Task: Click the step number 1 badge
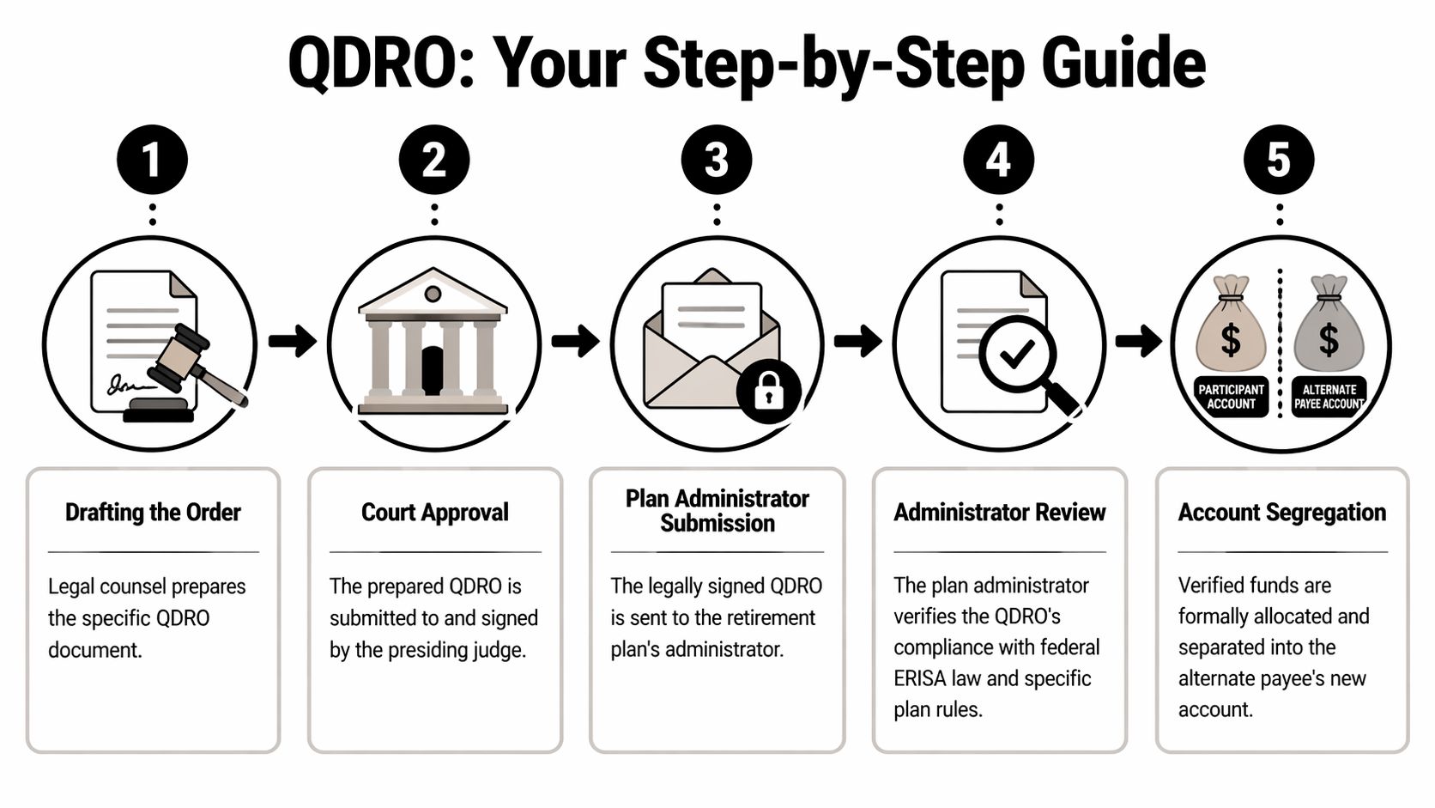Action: [x=152, y=161]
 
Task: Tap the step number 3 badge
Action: [x=716, y=161]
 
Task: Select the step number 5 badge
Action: [x=1279, y=161]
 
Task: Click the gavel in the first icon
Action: [x=193, y=361]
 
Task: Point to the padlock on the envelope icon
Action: [x=768, y=392]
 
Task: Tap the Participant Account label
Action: [x=1231, y=397]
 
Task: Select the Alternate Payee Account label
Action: [x=1329, y=397]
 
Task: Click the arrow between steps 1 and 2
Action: [x=292, y=341]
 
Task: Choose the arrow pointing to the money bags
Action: [x=1138, y=341]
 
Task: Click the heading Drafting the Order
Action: [x=153, y=513]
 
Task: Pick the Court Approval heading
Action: [x=434, y=513]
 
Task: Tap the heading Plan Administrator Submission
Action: [x=717, y=511]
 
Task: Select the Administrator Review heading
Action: [x=999, y=513]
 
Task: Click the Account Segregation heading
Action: [x=1281, y=513]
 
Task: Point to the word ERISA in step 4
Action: [x=919, y=678]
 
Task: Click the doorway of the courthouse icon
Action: [x=433, y=371]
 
